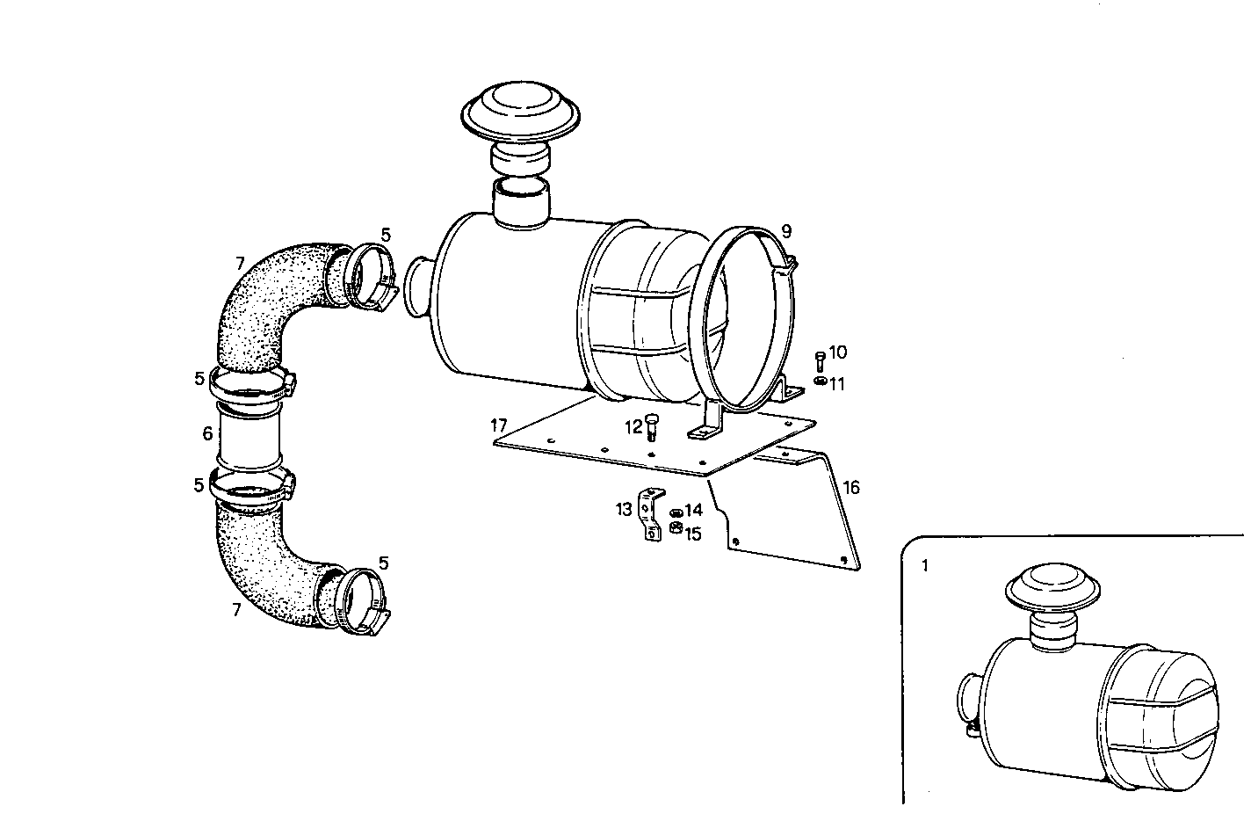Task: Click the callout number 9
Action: tap(786, 231)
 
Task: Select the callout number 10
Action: tap(837, 352)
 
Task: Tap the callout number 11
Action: tap(836, 383)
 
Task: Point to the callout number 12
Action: tap(633, 427)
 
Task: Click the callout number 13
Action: tap(624, 509)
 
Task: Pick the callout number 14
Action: tap(693, 510)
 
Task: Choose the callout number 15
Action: tap(693, 534)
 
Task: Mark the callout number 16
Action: tap(851, 488)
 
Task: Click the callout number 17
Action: tap(500, 425)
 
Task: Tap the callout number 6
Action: tap(207, 433)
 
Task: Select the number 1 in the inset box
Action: tap(924, 566)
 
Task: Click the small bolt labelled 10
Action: tap(820, 360)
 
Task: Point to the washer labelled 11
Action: tap(819, 381)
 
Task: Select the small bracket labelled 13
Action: tap(651, 516)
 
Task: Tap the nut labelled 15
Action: tap(676, 528)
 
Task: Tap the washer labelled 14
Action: tap(676, 512)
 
